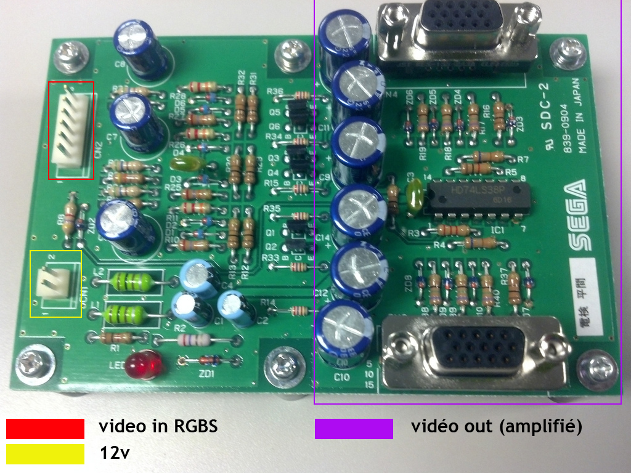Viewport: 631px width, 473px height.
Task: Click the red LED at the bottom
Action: [144, 365]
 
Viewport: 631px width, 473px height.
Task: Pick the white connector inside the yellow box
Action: [52, 285]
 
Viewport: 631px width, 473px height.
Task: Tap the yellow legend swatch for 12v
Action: [45, 453]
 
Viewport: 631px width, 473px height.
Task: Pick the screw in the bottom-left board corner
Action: [31, 366]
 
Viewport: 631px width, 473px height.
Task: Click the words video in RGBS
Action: [158, 426]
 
